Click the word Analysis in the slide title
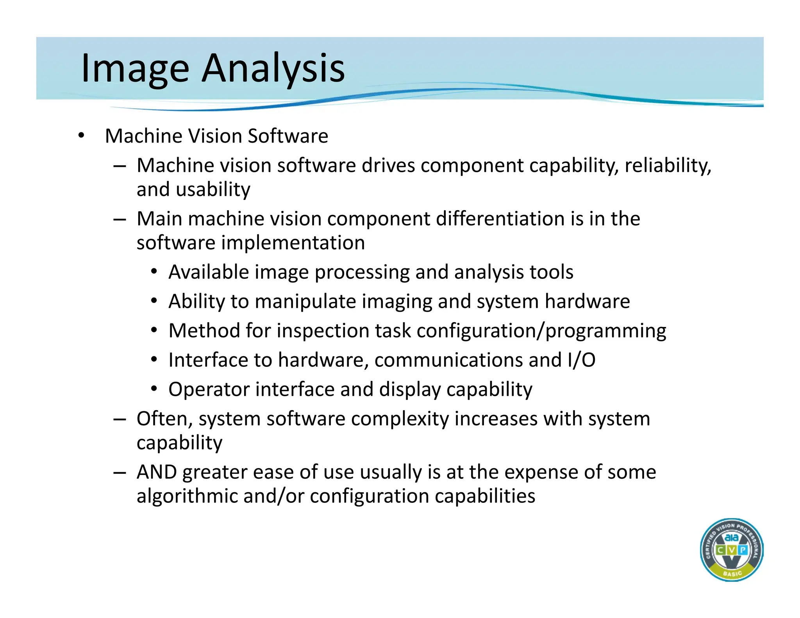click(273, 69)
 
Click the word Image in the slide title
click(135, 69)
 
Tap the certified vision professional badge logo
click(731, 550)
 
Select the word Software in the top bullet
click(288, 136)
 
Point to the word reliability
click(668, 165)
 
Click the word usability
click(213, 189)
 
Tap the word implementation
click(293, 243)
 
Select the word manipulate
click(305, 302)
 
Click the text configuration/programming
click(541, 331)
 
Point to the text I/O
click(581, 360)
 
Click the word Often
click(164, 419)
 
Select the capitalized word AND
click(156, 472)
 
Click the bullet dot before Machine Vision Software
click(81, 136)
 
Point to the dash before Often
click(120, 420)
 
